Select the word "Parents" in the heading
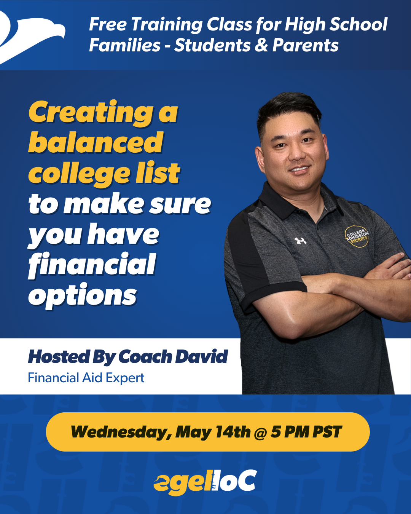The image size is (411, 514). [305, 45]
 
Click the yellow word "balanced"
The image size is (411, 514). [96, 143]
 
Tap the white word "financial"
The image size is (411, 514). [92, 265]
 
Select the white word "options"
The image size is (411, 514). [83, 296]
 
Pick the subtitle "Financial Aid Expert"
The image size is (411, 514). [86, 378]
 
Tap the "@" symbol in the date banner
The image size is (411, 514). [260, 433]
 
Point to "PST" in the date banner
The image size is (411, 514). [327, 432]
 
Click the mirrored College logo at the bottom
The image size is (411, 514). [205, 483]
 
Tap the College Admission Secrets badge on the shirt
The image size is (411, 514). [357, 236]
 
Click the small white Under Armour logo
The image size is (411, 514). [300, 241]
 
